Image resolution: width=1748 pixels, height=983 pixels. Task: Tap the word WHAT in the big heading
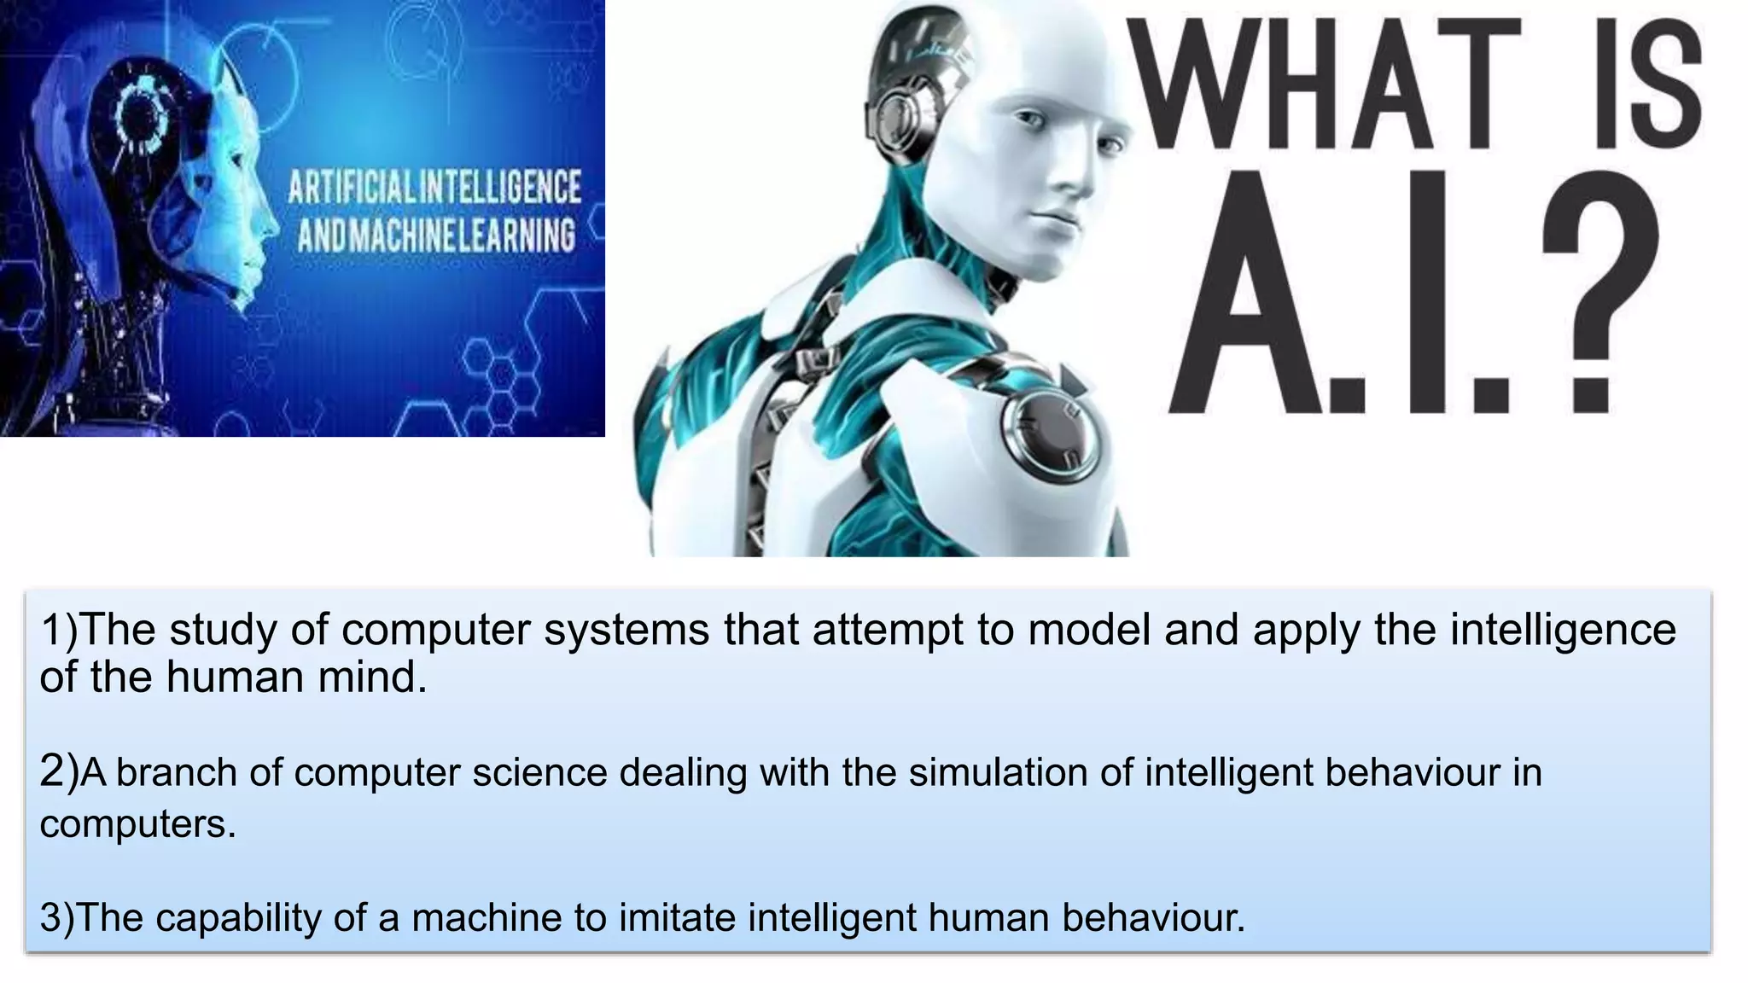pyautogui.click(x=1325, y=82)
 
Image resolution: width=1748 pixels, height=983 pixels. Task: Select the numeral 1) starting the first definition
pyautogui.click(x=59, y=631)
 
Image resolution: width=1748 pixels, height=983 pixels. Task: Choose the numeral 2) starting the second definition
pyautogui.click(x=59, y=771)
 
